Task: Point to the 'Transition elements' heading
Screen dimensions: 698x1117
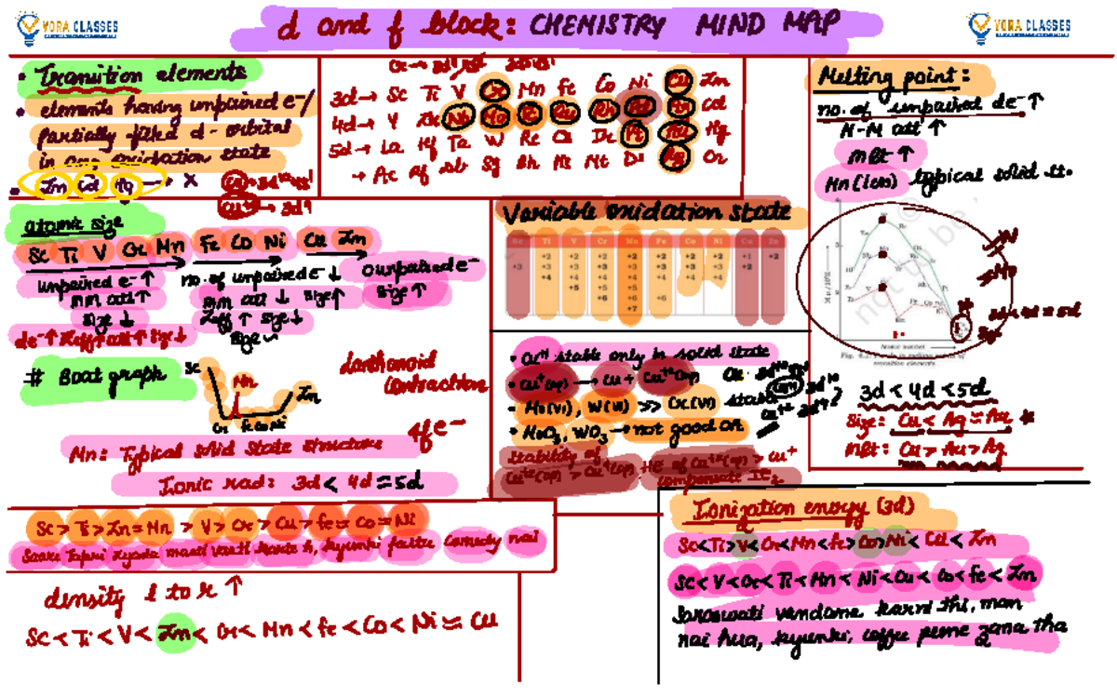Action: (x=140, y=73)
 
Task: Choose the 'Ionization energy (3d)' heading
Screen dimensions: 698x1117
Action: (x=804, y=509)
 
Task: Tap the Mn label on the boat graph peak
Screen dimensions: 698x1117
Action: (x=244, y=381)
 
